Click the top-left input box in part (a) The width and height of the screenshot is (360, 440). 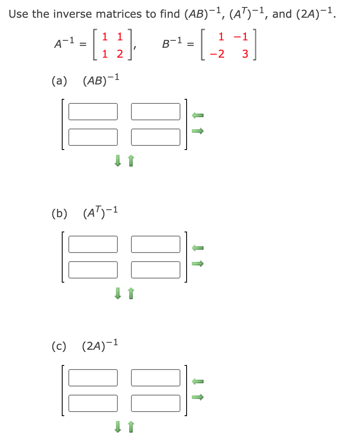coord(93,111)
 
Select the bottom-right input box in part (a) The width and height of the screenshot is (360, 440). coord(156,137)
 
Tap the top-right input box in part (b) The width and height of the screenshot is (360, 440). coord(156,244)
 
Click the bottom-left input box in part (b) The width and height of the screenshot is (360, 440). coord(93,269)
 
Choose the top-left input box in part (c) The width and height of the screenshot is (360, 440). coord(93,377)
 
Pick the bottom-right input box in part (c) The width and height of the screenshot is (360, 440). coord(156,403)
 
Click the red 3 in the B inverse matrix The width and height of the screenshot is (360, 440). coord(245,54)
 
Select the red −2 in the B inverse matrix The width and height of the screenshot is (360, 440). coord(219,54)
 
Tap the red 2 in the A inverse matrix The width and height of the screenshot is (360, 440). coord(119,54)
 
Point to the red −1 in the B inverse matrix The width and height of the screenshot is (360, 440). coord(241,37)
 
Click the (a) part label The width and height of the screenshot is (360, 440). coord(59,80)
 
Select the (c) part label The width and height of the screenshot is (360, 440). coord(59,346)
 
